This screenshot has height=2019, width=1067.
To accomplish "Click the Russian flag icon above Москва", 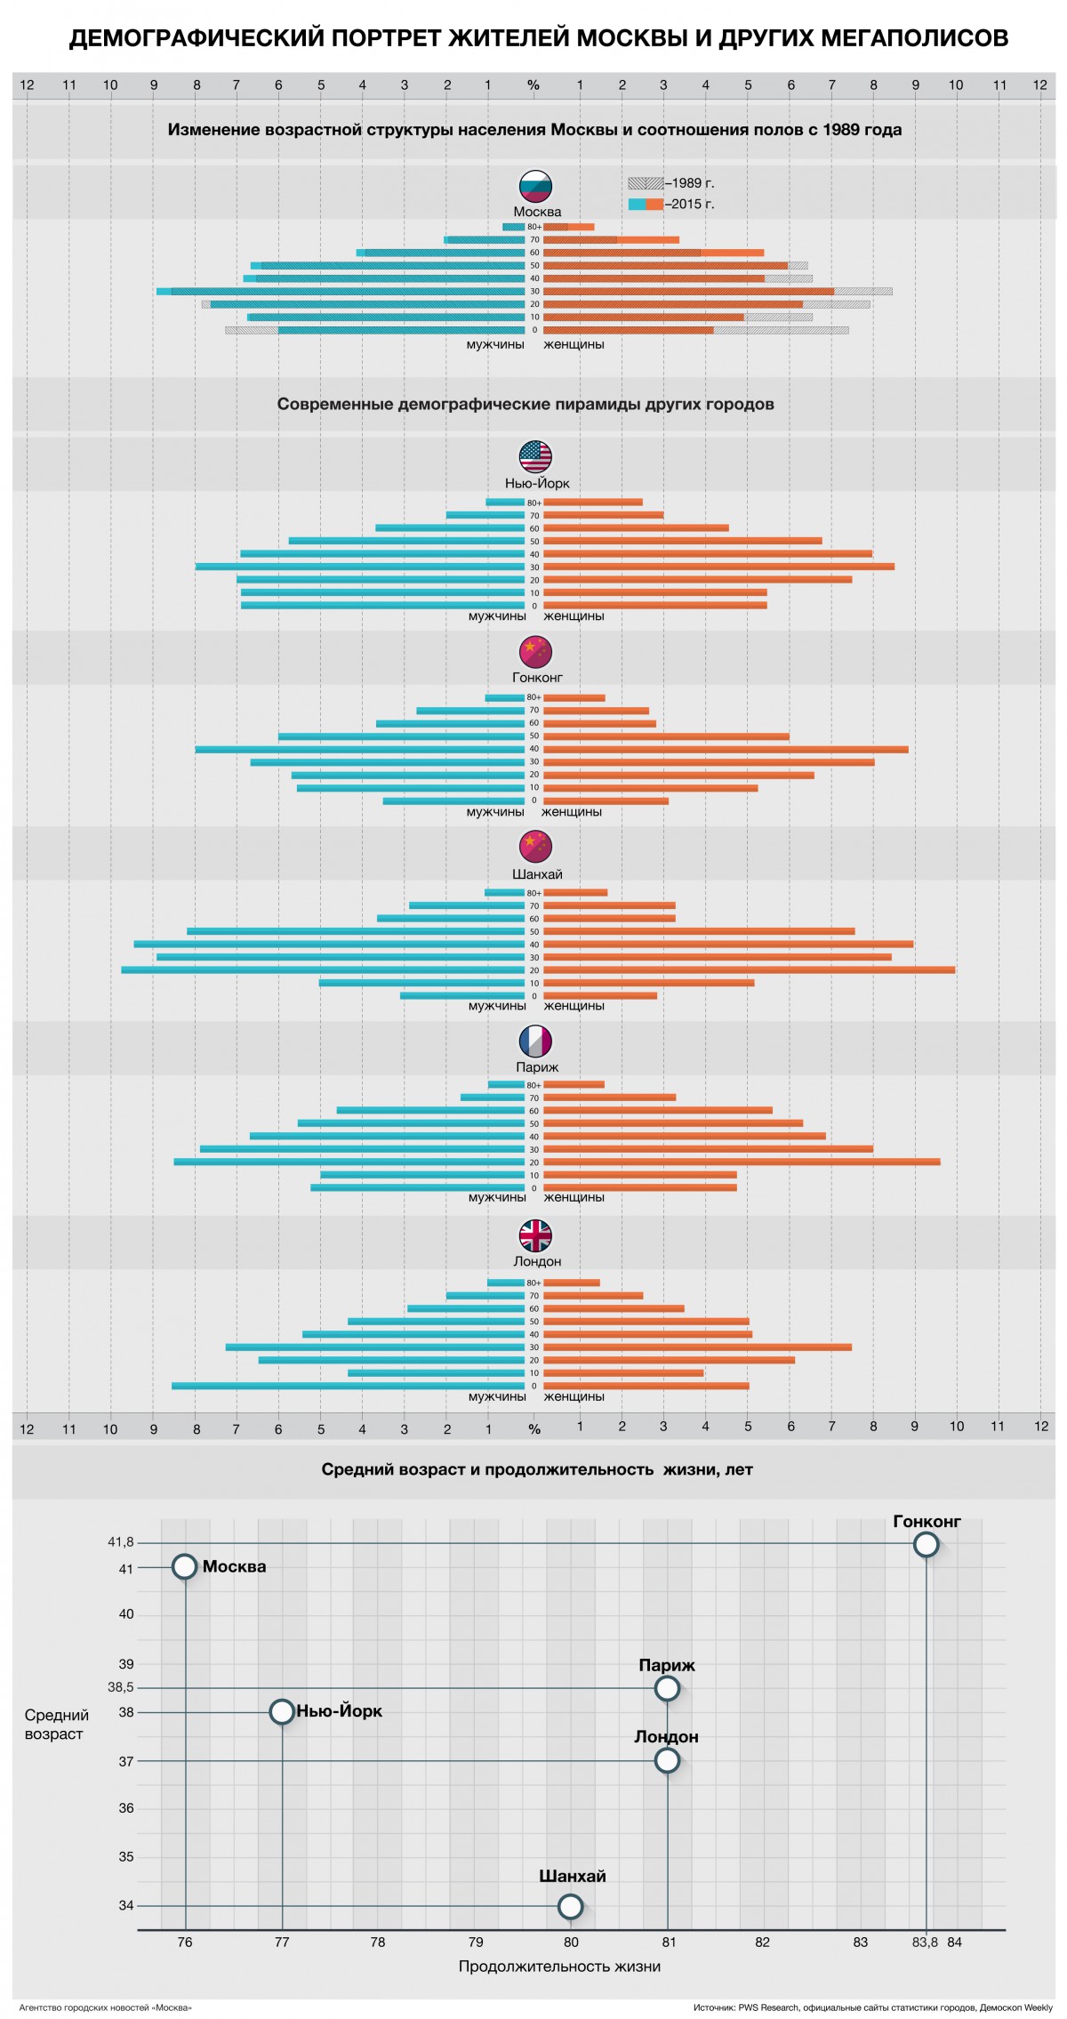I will (535, 186).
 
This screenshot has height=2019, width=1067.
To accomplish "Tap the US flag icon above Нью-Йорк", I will (535, 457).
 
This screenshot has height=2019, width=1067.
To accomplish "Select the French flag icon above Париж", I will (535, 1041).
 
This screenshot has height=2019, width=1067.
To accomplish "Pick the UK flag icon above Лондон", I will (535, 1235).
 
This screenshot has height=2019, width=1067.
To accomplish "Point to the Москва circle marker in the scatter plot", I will (184, 1567).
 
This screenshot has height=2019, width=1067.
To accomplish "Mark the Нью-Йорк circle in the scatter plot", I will (282, 1711).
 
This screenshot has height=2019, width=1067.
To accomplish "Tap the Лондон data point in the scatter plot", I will (667, 1760).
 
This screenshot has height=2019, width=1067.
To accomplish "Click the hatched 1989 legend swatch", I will (646, 183).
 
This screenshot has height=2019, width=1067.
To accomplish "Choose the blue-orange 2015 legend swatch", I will (646, 205).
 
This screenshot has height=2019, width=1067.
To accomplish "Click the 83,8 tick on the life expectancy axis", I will (925, 1943).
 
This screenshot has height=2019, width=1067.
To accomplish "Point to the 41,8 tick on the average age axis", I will (121, 1543).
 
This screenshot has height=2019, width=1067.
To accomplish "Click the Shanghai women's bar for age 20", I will (749, 970).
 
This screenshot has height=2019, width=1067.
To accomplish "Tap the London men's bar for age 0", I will (348, 1386).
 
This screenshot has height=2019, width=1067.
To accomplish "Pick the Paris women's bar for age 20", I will (742, 1162).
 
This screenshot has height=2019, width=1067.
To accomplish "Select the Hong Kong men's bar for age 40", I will (360, 750).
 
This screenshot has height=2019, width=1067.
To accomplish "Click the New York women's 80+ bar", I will (593, 503).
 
